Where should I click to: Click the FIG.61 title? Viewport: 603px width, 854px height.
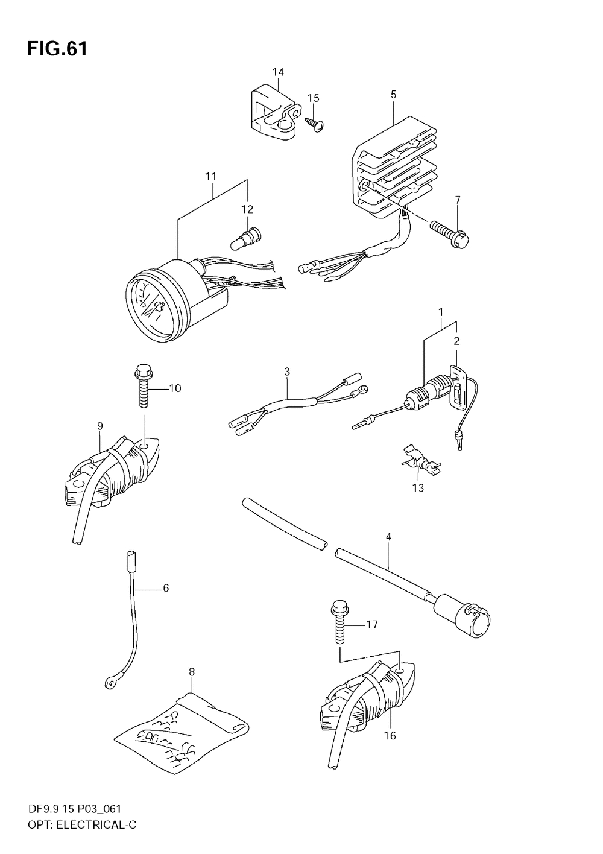[x=57, y=49]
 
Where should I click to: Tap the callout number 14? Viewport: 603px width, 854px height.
[x=277, y=72]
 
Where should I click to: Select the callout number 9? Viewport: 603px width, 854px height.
[x=100, y=426]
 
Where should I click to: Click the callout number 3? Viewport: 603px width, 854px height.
[x=288, y=372]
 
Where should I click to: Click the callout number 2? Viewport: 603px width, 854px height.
[x=456, y=341]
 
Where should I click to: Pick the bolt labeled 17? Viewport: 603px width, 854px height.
[x=338, y=621]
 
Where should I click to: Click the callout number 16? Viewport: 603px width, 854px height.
[x=390, y=735]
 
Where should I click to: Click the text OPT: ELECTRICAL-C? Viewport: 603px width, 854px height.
[x=71, y=824]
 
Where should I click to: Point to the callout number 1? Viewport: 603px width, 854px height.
[x=441, y=312]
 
